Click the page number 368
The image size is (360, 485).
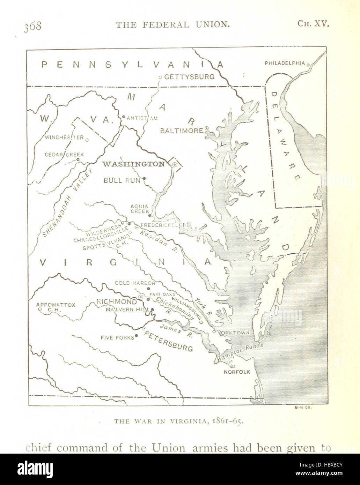click(x=32, y=26)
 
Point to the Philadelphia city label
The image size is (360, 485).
click(x=285, y=63)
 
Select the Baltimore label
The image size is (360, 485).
click(x=182, y=131)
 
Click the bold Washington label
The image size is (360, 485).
click(x=133, y=164)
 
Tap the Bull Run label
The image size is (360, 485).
click(x=122, y=180)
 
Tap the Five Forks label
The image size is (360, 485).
click(x=117, y=337)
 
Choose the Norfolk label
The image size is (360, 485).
click(x=237, y=372)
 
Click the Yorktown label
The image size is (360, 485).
click(x=233, y=333)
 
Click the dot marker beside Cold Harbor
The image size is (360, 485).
click(x=148, y=289)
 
